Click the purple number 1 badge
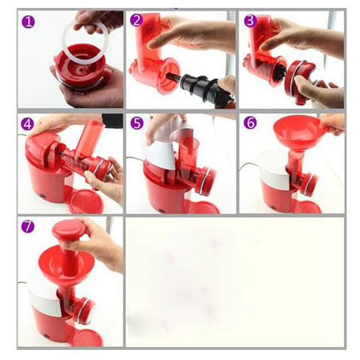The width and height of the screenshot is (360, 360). (28, 22)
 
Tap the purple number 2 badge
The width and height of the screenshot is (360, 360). (137, 20)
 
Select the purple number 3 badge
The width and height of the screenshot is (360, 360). (251, 20)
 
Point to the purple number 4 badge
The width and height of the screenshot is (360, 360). (27, 125)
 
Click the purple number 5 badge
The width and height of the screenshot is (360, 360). (137, 123)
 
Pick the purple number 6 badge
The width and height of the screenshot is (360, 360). (250, 123)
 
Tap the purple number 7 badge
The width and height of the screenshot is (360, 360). (27, 227)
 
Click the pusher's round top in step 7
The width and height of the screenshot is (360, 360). (68, 228)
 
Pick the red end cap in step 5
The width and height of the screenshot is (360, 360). (207, 179)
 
